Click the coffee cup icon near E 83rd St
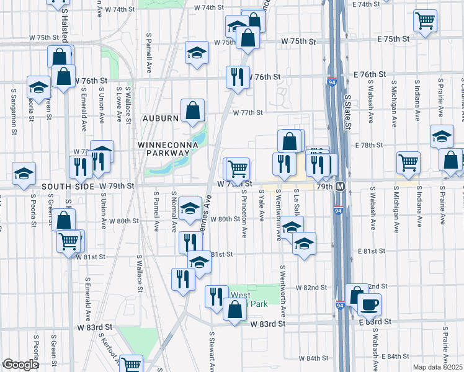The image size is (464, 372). point(370,304)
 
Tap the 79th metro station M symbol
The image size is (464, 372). point(340,187)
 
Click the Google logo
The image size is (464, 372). point(20,365)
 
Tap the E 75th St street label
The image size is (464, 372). point(393,39)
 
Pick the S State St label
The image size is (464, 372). point(347,112)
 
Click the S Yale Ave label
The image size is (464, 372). point(262,207)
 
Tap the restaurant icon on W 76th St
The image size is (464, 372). point(238,76)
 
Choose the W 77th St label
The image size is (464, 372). point(248,113)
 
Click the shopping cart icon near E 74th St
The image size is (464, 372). point(426,20)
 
